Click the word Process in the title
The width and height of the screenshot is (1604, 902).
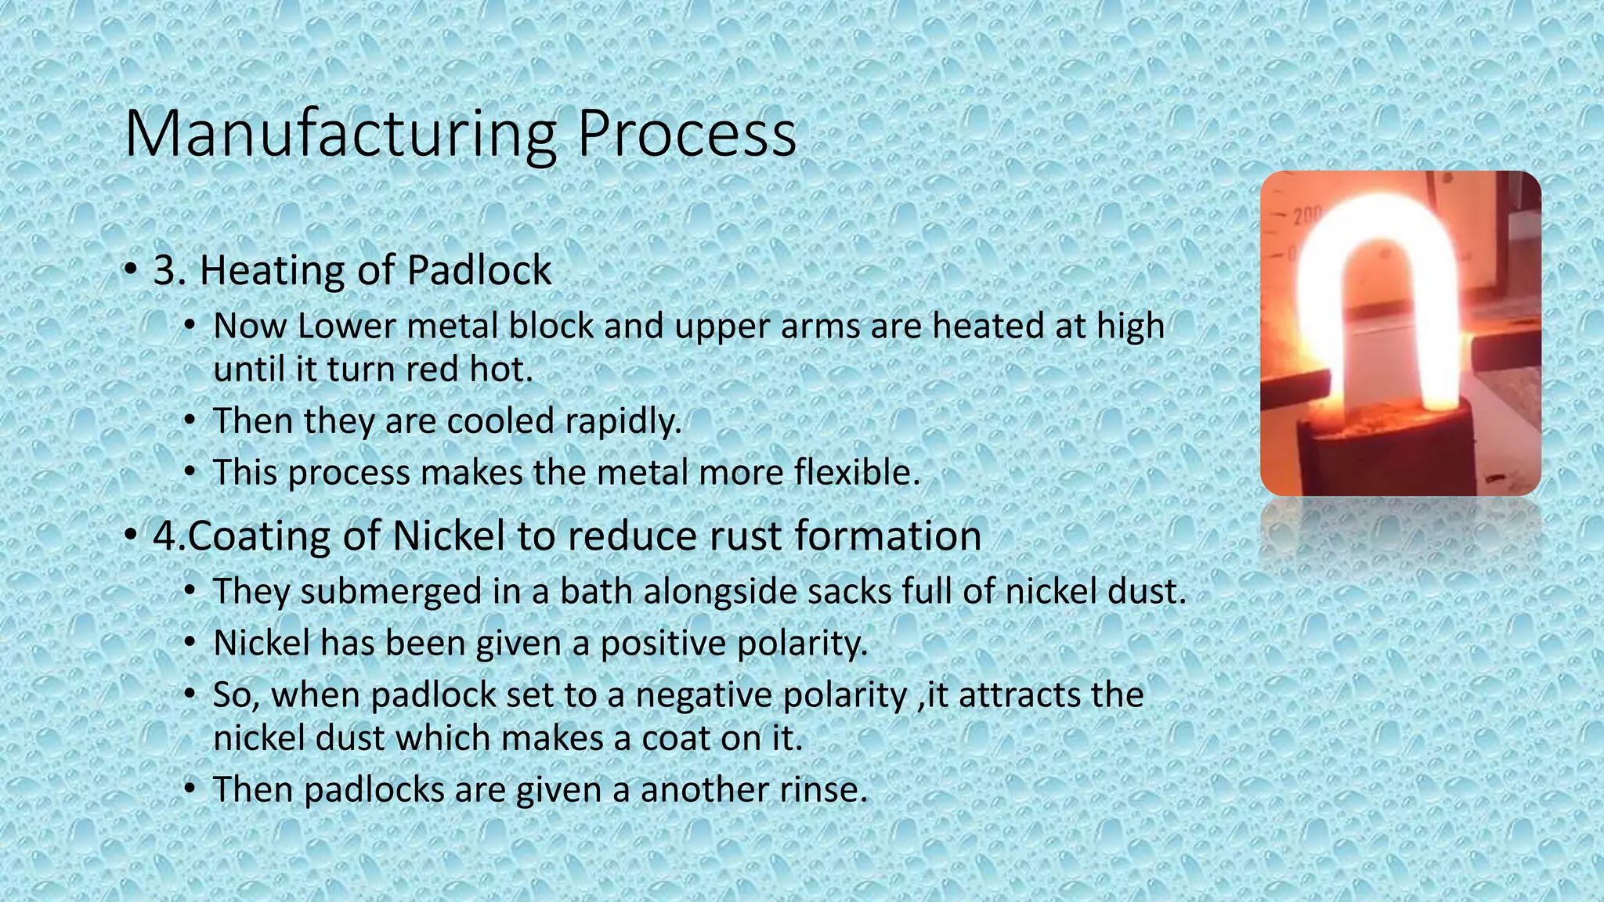point(687,135)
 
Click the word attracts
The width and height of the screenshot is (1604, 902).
point(1018,695)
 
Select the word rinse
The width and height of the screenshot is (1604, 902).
point(823,789)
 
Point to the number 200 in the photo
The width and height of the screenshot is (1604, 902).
point(1306,217)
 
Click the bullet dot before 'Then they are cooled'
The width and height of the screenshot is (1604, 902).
point(190,421)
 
